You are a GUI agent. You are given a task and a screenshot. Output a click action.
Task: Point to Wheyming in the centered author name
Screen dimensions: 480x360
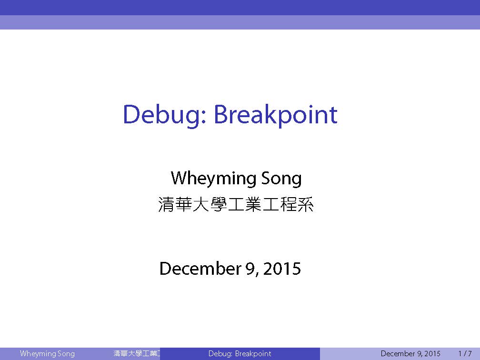[213, 179]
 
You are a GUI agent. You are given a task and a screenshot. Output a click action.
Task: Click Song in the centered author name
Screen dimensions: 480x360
[281, 179]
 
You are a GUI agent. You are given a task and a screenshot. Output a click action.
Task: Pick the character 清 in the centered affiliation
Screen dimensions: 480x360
[167, 204]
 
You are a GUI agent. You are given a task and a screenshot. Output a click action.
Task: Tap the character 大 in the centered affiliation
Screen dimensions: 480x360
[201, 204]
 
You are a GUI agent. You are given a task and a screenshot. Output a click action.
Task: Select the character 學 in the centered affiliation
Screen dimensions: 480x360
[219, 204]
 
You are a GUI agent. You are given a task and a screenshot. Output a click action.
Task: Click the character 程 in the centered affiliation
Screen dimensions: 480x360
[289, 204]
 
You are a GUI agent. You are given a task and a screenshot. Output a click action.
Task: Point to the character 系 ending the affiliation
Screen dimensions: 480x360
[306, 204]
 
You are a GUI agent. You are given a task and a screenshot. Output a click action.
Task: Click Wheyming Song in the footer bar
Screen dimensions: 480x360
[47, 353]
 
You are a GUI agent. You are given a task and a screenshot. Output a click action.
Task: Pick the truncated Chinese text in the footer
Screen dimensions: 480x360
[137, 353]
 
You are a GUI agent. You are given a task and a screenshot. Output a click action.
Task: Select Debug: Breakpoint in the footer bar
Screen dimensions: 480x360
[240, 353]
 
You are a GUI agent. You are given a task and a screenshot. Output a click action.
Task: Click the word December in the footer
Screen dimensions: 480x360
[398, 353]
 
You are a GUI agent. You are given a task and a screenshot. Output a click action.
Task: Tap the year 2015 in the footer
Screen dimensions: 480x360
[432, 353]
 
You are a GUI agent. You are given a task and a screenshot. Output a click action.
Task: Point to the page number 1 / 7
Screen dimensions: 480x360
[465, 353]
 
